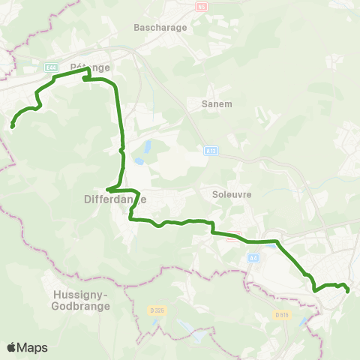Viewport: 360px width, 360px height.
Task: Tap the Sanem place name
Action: pyautogui.click(x=217, y=103)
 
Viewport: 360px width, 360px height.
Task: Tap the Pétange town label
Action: pyautogui.click(x=90, y=67)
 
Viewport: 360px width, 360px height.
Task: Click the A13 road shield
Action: pyautogui.click(x=211, y=151)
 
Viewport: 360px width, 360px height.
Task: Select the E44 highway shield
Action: pyautogui.click(x=50, y=66)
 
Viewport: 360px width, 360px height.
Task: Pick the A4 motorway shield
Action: pyautogui.click(x=253, y=257)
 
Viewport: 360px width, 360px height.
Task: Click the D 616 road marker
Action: pyautogui.click(x=281, y=314)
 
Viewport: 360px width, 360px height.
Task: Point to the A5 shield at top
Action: pyautogui.click(x=201, y=6)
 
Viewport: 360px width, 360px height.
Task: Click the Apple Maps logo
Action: pyautogui.click(x=27, y=347)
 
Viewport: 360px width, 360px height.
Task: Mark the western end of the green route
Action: pyautogui.click(x=13, y=126)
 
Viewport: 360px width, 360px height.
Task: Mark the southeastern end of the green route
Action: pyautogui.click(x=348, y=290)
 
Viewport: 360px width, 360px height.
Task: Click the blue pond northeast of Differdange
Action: pyautogui.click(x=148, y=144)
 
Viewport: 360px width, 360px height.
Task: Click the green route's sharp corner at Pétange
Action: pyautogui.click(x=89, y=70)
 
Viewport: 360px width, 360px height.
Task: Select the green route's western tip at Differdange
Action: pyautogui.click(x=109, y=189)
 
